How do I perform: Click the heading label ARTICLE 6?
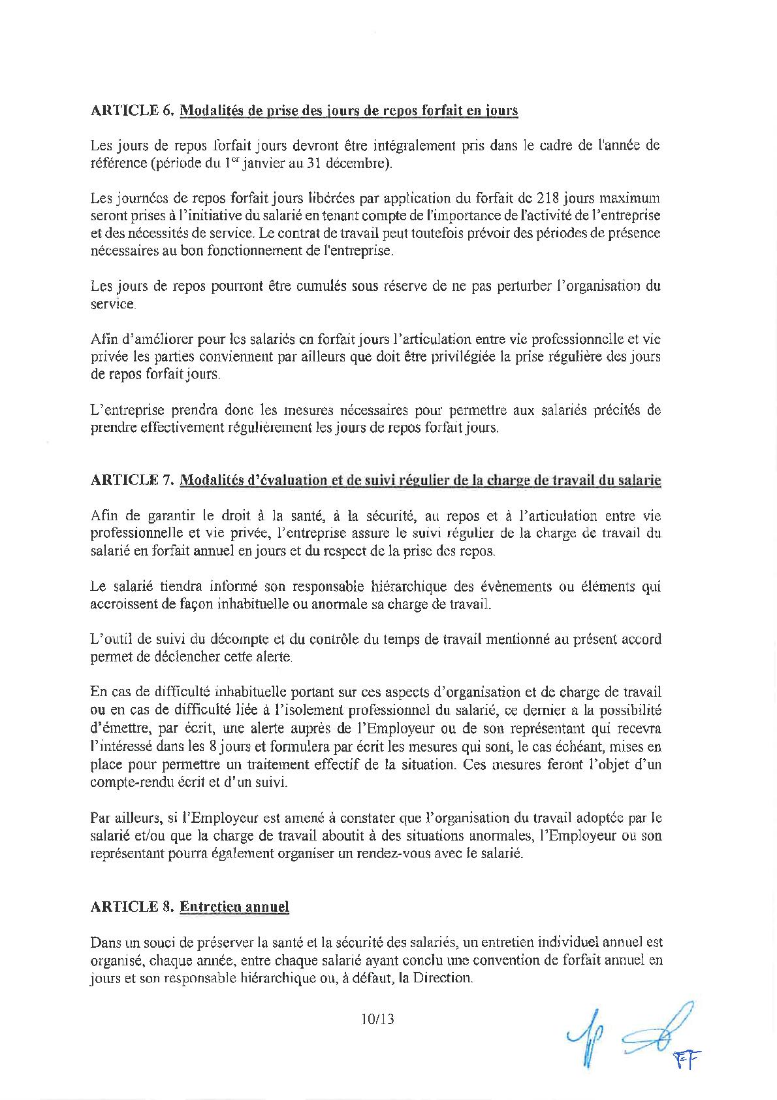pos(131,110)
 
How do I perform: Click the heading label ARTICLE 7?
pos(131,480)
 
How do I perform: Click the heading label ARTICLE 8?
pos(131,907)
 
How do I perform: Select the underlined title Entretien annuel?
pos(234,907)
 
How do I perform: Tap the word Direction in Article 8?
pos(441,978)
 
